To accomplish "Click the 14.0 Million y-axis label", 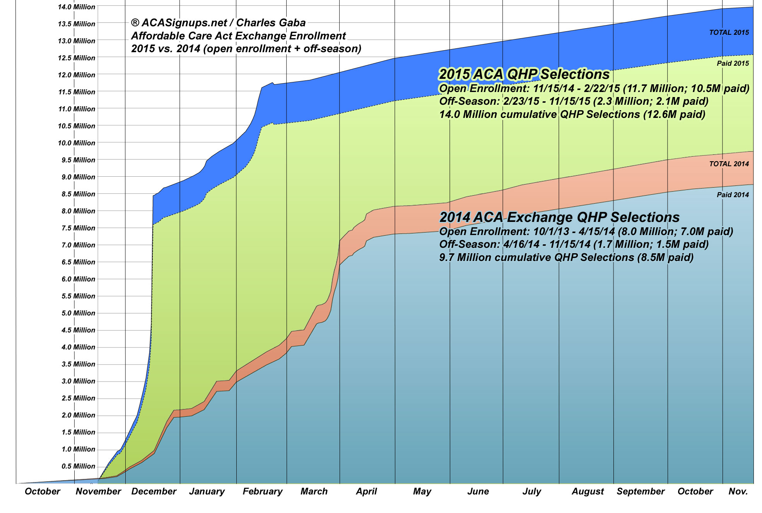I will coord(76,7).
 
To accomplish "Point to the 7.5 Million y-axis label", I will coord(78,228).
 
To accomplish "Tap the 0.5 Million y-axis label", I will coord(78,466).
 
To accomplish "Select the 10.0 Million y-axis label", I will coord(76,143).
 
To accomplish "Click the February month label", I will coord(262,491).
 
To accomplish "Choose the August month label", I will coord(588,491).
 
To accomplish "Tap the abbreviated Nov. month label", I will coord(738,491).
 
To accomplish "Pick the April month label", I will coord(366,491).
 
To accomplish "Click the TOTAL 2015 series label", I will coord(729,32).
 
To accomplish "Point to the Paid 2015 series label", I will coord(733,63).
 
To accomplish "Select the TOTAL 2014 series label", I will coord(729,164).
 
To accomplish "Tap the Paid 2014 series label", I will coord(733,195).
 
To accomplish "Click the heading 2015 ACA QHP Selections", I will coord(524,74).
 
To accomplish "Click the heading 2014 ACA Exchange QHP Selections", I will coord(559,217).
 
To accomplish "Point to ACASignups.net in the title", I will coord(184,23).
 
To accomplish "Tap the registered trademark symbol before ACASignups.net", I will coord(135,23).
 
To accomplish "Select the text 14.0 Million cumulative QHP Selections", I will coord(540,114).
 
